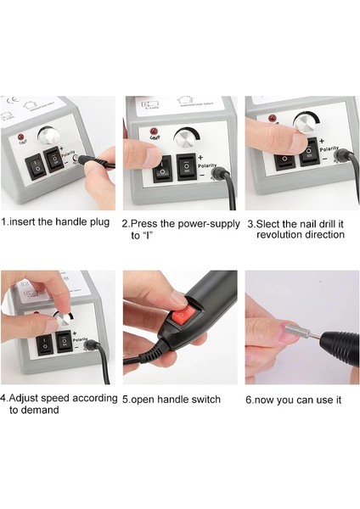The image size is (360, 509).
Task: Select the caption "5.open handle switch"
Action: [172, 398]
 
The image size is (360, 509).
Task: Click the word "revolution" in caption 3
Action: [284, 234]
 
